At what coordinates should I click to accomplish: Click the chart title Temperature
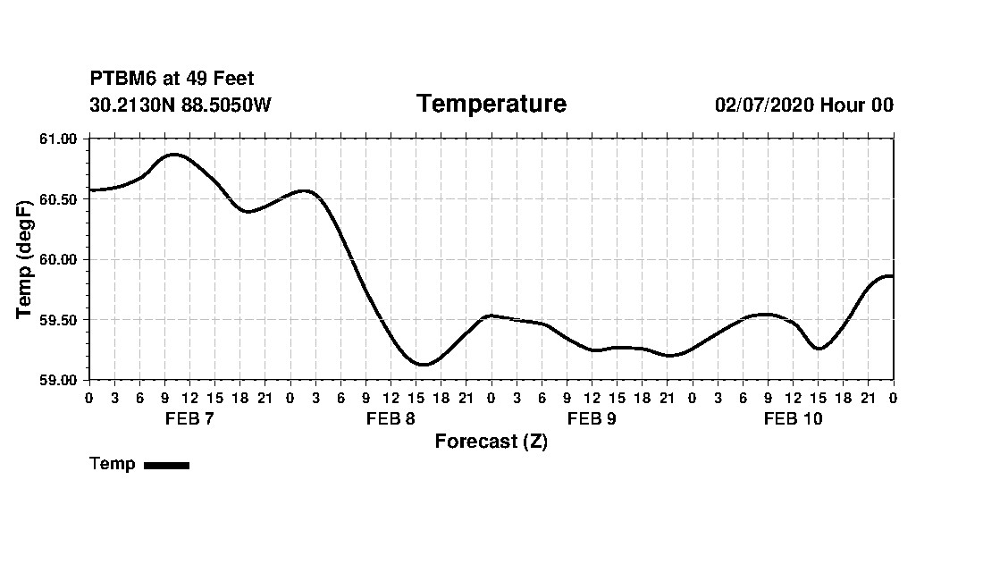[491, 105]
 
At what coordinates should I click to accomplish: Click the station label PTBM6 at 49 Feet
[172, 79]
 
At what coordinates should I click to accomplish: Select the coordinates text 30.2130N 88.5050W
[180, 105]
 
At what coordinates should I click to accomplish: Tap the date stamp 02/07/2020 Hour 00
[803, 105]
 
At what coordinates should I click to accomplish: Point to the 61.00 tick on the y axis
[60, 139]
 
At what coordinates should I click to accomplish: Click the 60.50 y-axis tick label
[60, 199]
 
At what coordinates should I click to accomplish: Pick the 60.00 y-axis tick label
[60, 259]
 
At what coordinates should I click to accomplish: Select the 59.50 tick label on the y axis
[60, 320]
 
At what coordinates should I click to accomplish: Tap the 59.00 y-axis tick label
[60, 380]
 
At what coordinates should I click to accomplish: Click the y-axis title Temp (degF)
[25, 259]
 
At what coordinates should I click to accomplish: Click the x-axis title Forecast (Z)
[491, 442]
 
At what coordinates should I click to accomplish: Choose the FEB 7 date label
[189, 419]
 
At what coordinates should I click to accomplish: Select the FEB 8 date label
[391, 419]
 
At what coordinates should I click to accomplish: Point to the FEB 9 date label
[592, 419]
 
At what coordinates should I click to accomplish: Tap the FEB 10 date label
[793, 419]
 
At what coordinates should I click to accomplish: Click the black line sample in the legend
[166, 465]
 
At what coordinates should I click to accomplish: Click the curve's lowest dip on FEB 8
[424, 364]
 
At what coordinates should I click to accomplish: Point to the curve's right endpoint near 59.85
[892, 276]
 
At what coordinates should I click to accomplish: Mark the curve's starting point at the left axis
[90, 189]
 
